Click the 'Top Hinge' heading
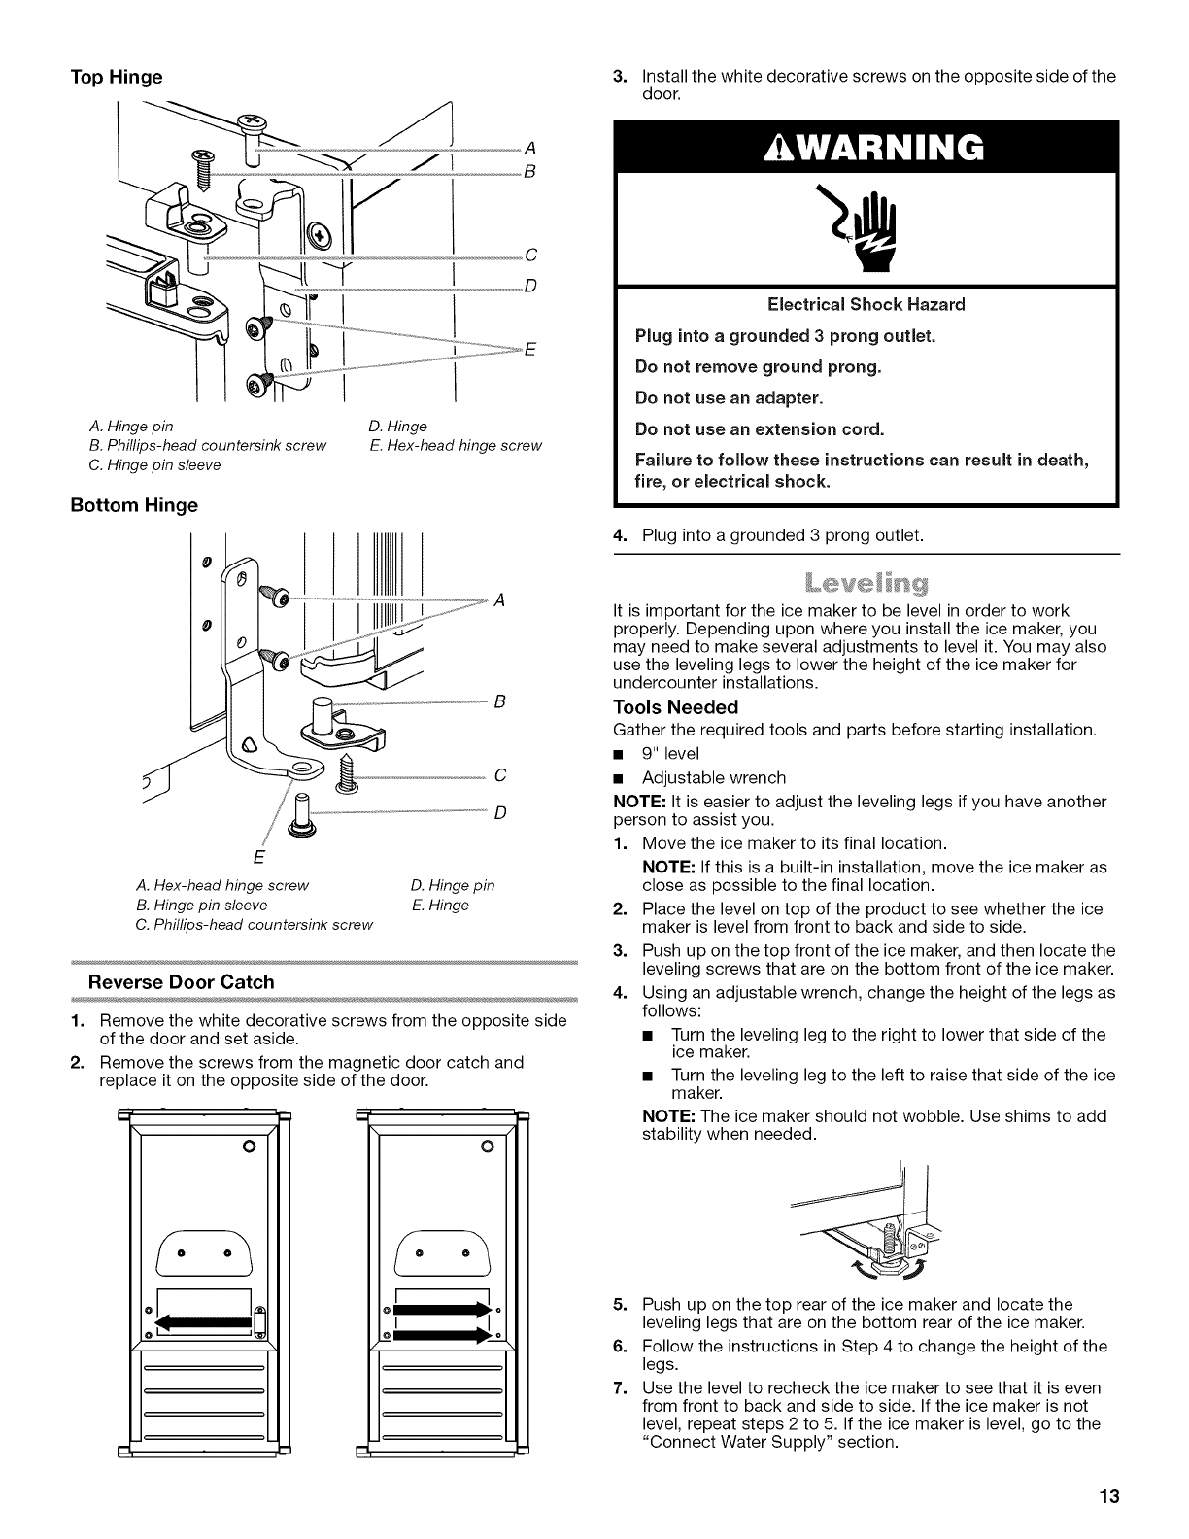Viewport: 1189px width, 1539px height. coord(116,77)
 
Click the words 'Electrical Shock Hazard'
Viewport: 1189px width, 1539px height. coord(866,304)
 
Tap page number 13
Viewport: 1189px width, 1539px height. coord(1109,1496)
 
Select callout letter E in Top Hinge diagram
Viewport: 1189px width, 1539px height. coord(530,351)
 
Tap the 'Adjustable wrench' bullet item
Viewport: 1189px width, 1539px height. coord(713,777)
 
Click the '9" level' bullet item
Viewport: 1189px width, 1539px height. coord(669,754)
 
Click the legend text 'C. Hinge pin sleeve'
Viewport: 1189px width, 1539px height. coord(154,464)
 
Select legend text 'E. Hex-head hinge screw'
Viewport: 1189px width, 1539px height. coord(455,445)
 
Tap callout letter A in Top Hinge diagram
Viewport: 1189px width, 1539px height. coord(530,149)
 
